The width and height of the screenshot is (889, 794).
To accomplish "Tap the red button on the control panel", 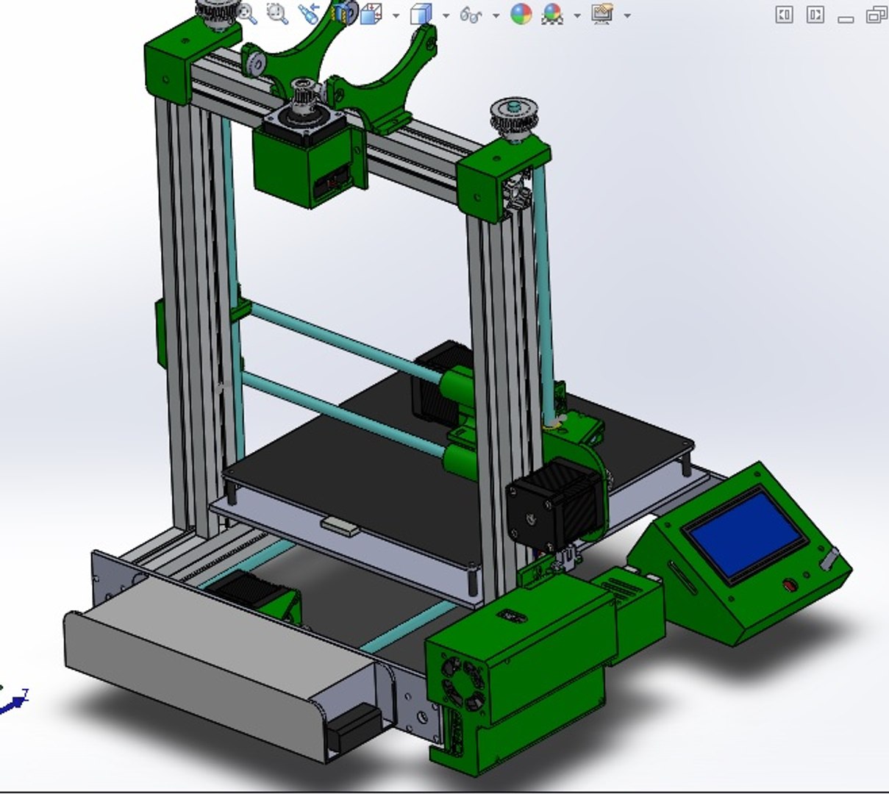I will pos(790,585).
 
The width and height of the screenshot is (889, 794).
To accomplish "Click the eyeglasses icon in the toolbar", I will pos(471,14).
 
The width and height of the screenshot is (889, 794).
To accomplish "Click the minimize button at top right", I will pos(846,15).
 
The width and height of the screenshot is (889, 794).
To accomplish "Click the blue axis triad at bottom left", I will pos(13,702).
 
